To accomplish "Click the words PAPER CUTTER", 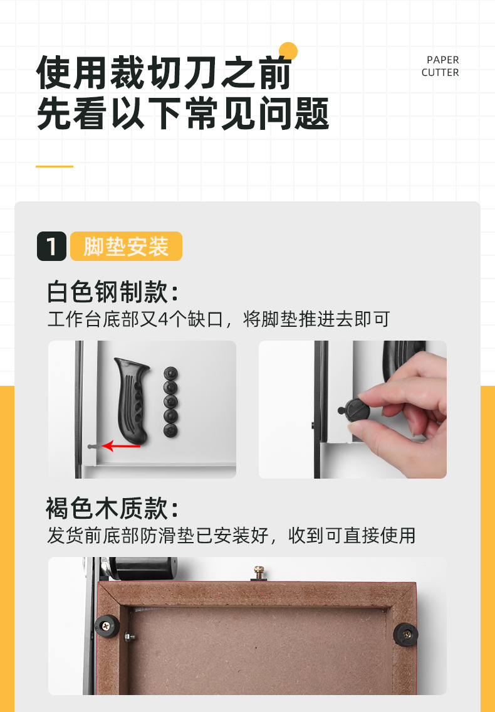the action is point(440,66).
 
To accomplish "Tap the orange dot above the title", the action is point(288,51).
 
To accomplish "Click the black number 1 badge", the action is point(52,246).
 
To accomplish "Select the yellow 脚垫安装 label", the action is point(126,246).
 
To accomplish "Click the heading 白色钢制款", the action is point(113,292).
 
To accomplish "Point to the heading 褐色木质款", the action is point(113,508).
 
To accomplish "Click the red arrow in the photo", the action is point(121,446).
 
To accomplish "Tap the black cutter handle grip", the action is point(132,400).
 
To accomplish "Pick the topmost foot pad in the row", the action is point(170,373).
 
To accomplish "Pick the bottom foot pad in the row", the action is point(170,430).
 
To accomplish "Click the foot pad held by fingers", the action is point(358,410).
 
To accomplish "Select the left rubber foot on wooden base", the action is point(107,626).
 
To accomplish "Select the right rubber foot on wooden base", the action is point(405,634).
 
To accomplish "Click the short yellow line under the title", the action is point(55,166).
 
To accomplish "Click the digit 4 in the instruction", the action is point(164,319).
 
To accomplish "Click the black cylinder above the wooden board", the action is point(143,568).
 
